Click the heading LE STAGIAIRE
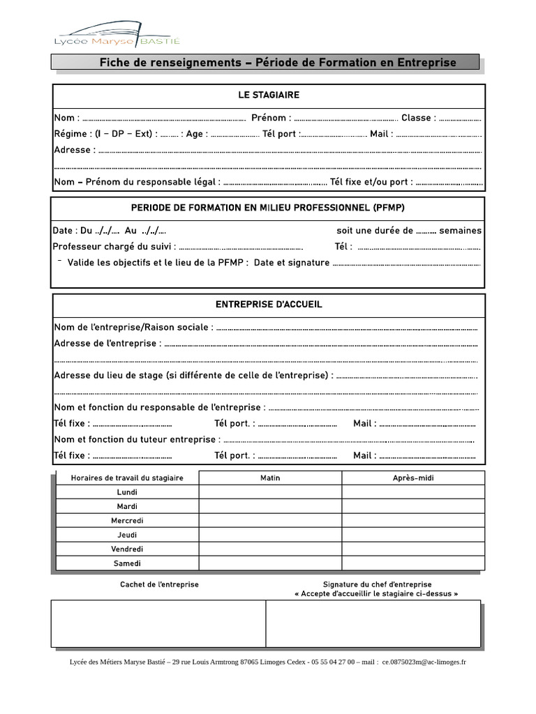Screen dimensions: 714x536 269,95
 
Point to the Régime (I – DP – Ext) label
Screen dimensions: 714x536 105,134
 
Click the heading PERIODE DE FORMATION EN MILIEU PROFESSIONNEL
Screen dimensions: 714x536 268,208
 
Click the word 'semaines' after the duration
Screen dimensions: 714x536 460,231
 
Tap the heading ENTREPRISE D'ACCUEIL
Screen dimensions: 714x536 269,305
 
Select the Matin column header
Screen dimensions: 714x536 270,478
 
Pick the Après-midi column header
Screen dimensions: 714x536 412,478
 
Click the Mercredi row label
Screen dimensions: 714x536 127,521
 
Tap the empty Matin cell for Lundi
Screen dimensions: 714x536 270,492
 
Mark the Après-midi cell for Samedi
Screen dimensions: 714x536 412,563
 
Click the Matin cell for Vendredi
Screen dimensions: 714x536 270,549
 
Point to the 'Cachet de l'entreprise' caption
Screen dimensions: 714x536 159,584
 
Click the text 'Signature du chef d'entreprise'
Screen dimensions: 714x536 377,584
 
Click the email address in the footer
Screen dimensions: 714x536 424,662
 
